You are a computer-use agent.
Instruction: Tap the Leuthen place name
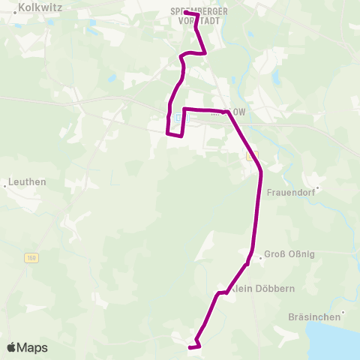pyautogui.click(x=28, y=182)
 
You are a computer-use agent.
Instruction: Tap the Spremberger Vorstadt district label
pyautogui.click(x=199, y=16)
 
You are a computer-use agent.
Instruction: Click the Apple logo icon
pyautogui.click(x=12, y=347)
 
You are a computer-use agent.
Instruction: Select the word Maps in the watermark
pyautogui.click(x=33, y=347)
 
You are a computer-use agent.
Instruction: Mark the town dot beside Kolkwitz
pyautogui.click(x=14, y=13)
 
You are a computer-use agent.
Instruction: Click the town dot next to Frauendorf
pyautogui.click(x=317, y=187)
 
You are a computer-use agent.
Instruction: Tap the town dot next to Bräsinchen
pyautogui.click(x=343, y=312)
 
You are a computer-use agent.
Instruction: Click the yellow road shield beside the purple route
pyautogui.click(x=252, y=155)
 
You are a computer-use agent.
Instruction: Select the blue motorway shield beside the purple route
pyautogui.click(x=178, y=118)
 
